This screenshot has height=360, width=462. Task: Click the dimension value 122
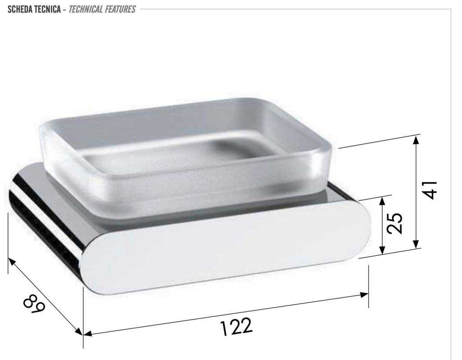(x=236, y=327)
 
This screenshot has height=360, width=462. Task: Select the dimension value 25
(x=394, y=223)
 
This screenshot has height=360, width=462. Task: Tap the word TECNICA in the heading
(x=47, y=9)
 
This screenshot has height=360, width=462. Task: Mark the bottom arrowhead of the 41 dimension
(x=416, y=244)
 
